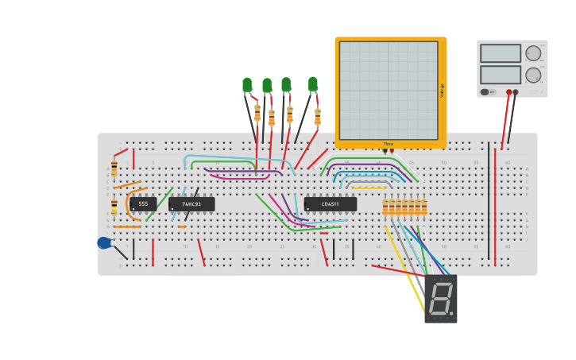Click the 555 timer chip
(x=143, y=204)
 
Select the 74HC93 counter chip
(x=191, y=204)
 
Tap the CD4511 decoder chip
(x=331, y=204)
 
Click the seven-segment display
(x=441, y=298)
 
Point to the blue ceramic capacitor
(x=103, y=243)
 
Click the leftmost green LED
(x=247, y=84)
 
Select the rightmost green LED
(x=313, y=83)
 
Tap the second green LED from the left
(x=267, y=85)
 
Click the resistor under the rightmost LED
(x=318, y=116)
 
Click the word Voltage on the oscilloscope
(x=443, y=91)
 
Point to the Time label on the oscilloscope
(x=389, y=144)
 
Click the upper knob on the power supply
(x=533, y=53)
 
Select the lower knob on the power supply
(x=533, y=75)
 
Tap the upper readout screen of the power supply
(x=500, y=53)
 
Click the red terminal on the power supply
(x=508, y=92)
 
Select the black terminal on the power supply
(x=516, y=92)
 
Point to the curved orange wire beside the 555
(x=128, y=205)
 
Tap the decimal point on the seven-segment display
(x=452, y=314)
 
